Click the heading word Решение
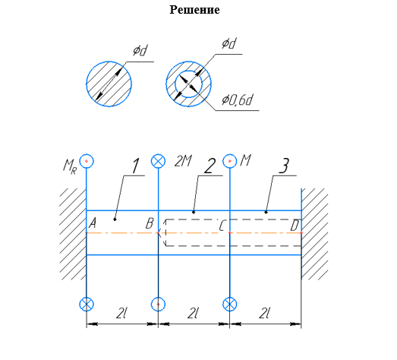coord(194,10)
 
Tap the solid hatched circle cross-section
coord(109,84)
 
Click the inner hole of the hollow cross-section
coord(188,84)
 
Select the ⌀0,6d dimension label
coord(237,99)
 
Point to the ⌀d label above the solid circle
coord(140,50)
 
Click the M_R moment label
coord(70,167)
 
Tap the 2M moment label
coord(183,161)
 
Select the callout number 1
coord(136,166)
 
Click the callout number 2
coord(210,166)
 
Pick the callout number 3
coord(284,166)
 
